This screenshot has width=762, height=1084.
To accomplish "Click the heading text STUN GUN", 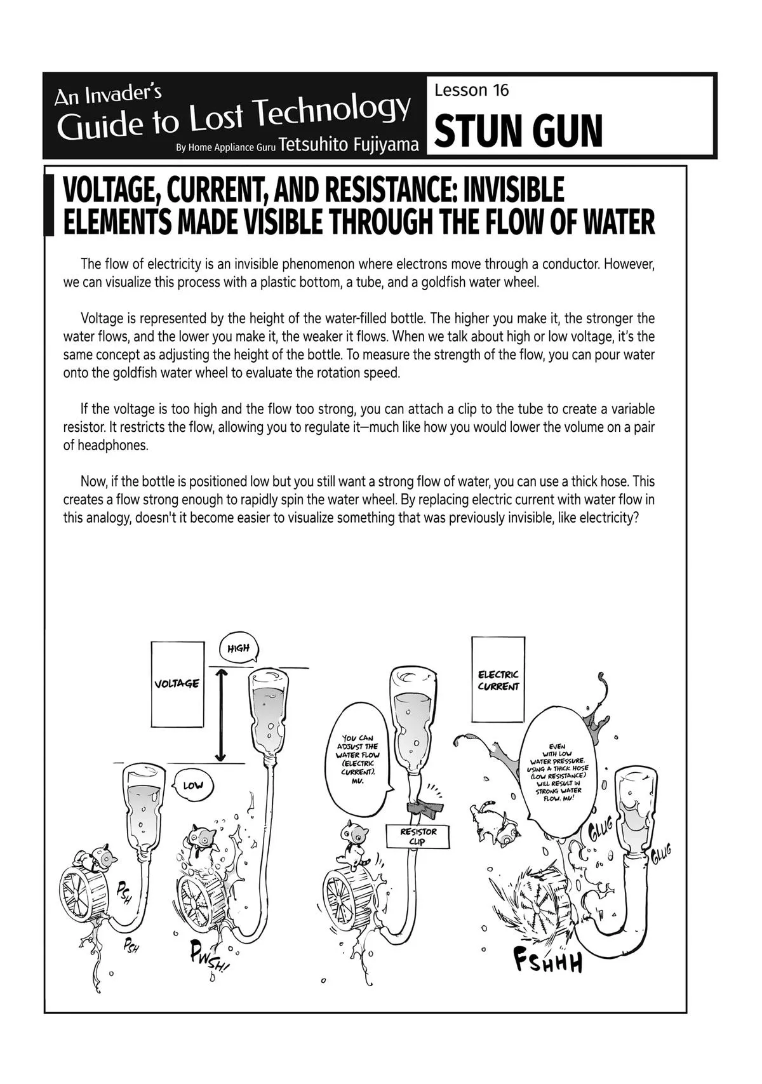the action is pyautogui.click(x=519, y=131).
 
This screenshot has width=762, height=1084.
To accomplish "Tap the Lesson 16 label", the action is pyautogui.click(x=471, y=90).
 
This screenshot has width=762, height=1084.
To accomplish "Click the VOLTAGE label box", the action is pyautogui.click(x=177, y=684).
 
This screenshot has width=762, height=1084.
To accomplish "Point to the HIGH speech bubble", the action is pyautogui.click(x=239, y=648).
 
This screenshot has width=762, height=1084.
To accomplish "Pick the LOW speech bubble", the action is pyautogui.click(x=192, y=785).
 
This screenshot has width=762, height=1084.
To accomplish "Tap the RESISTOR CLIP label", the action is pyautogui.click(x=418, y=836).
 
